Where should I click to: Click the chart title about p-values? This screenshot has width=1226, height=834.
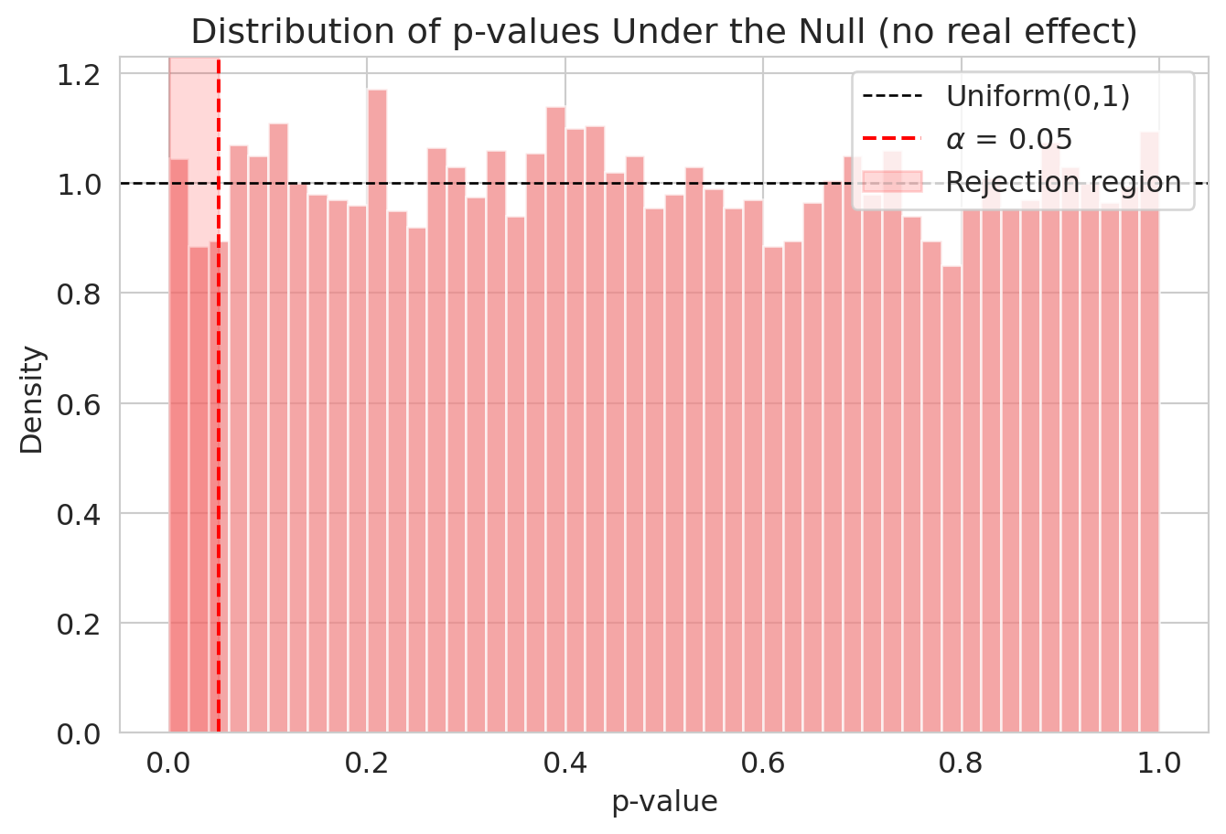pos(663,32)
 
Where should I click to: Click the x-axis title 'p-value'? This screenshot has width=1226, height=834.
pos(664,802)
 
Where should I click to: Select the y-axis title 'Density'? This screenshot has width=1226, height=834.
pos(32,399)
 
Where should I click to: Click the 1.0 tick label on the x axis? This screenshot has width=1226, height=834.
pos(1159,761)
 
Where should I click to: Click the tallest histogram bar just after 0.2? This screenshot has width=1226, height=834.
pos(377,412)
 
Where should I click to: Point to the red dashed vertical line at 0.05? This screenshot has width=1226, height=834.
pos(219,457)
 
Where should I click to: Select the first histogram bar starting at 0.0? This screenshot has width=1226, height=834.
pos(178,448)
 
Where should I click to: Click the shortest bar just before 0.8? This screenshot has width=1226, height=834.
pos(952,503)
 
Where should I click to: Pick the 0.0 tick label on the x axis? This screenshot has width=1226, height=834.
pos(168,761)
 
